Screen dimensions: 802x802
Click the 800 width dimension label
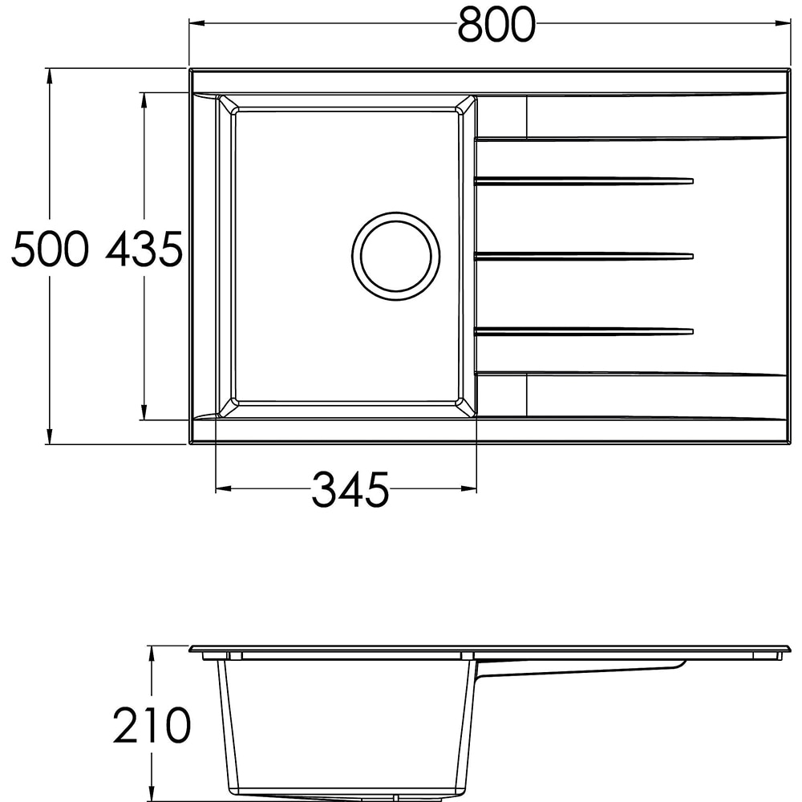click(x=496, y=25)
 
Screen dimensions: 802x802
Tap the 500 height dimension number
click(x=50, y=249)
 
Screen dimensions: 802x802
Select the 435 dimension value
click(x=144, y=249)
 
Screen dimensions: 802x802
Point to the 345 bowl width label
click(x=350, y=489)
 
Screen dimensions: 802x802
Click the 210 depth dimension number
click(x=152, y=725)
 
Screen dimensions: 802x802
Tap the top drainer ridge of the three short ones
click(x=584, y=180)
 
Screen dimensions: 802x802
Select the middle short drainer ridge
click(x=584, y=257)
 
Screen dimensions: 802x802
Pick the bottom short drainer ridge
click(x=584, y=332)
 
